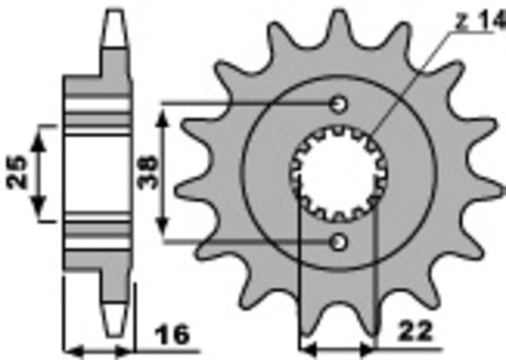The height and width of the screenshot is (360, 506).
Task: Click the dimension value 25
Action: [18, 171]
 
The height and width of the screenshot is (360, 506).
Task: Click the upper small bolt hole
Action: [339, 105]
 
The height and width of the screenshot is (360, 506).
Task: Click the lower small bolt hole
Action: [339, 243]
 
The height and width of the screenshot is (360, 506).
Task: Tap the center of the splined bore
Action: [339, 173]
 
